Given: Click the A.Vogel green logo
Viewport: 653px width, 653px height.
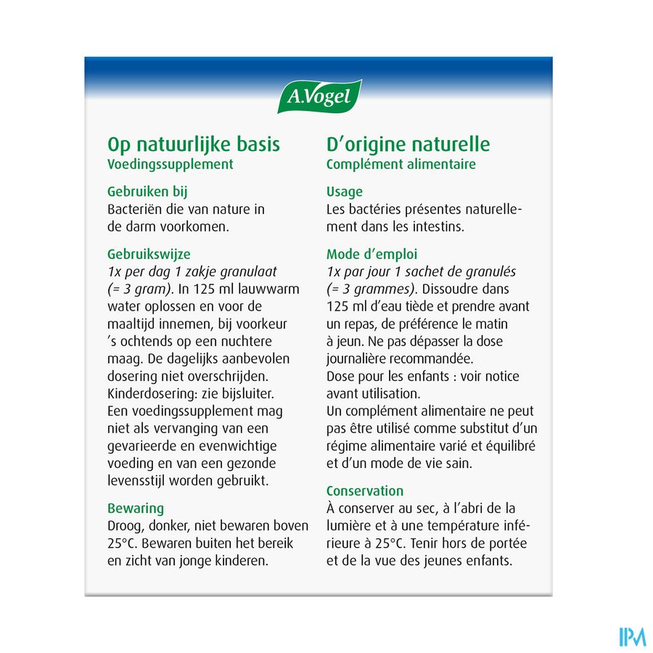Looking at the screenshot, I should [x=320, y=96].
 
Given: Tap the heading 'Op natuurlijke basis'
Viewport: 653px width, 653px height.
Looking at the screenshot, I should [x=193, y=144].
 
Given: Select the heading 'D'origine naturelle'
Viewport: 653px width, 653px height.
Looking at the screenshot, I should [x=408, y=144].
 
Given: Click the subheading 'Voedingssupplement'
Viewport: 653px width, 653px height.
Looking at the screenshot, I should [x=170, y=164].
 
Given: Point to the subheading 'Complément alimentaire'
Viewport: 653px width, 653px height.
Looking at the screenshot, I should [x=401, y=164].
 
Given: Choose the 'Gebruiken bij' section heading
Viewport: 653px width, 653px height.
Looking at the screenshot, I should [x=147, y=192].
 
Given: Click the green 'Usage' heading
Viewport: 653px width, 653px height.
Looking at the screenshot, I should [x=345, y=192].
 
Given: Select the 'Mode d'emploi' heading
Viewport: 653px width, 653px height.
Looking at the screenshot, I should [x=371, y=255].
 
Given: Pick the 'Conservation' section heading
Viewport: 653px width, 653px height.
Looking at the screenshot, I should [x=364, y=490].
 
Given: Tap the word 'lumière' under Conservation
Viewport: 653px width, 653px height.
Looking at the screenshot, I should [x=349, y=526].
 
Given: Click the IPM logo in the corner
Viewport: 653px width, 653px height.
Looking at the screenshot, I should [x=632, y=636].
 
